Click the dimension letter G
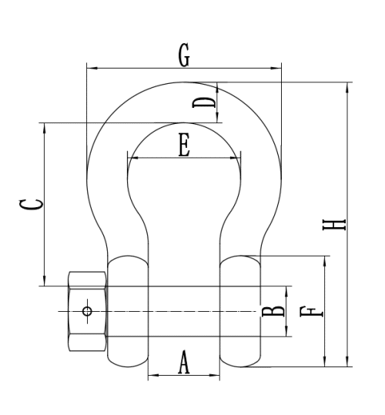(184, 55)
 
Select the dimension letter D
(204, 102)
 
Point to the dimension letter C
(31, 205)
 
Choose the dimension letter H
(334, 225)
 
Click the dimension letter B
(273, 312)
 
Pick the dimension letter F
(311, 312)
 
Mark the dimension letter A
(184, 362)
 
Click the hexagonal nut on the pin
(88, 311)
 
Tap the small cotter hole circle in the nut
(87, 311)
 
